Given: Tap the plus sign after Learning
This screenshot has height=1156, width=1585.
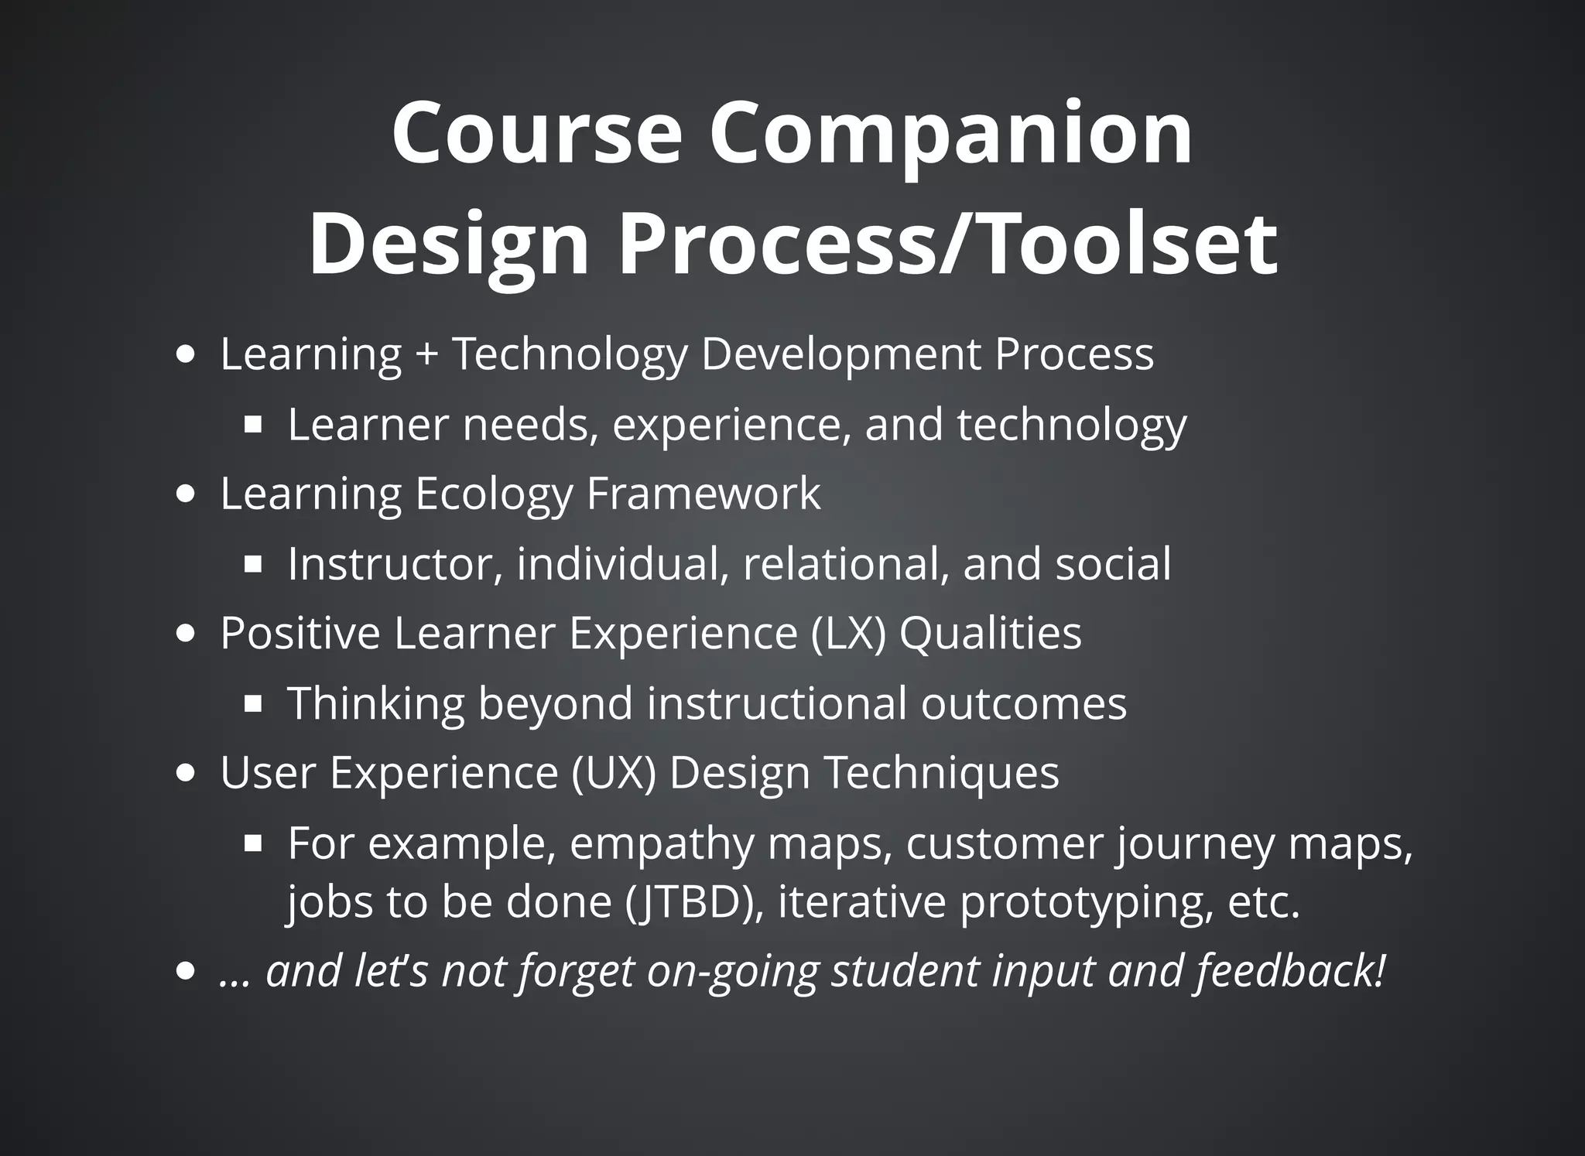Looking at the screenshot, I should (426, 354).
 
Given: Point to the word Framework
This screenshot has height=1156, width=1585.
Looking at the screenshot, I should (703, 494).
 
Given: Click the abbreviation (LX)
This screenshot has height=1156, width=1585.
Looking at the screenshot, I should (849, 633).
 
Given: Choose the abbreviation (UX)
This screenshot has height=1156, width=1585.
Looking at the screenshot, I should (614, 772).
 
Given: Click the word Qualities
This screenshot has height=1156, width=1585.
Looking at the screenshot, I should (990, 633).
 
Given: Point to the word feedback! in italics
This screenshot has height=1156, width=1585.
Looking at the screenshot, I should (1290, 971).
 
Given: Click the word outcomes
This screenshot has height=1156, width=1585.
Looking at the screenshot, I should (1023, 703).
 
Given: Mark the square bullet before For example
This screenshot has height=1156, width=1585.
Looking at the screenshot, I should (252, 844).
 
